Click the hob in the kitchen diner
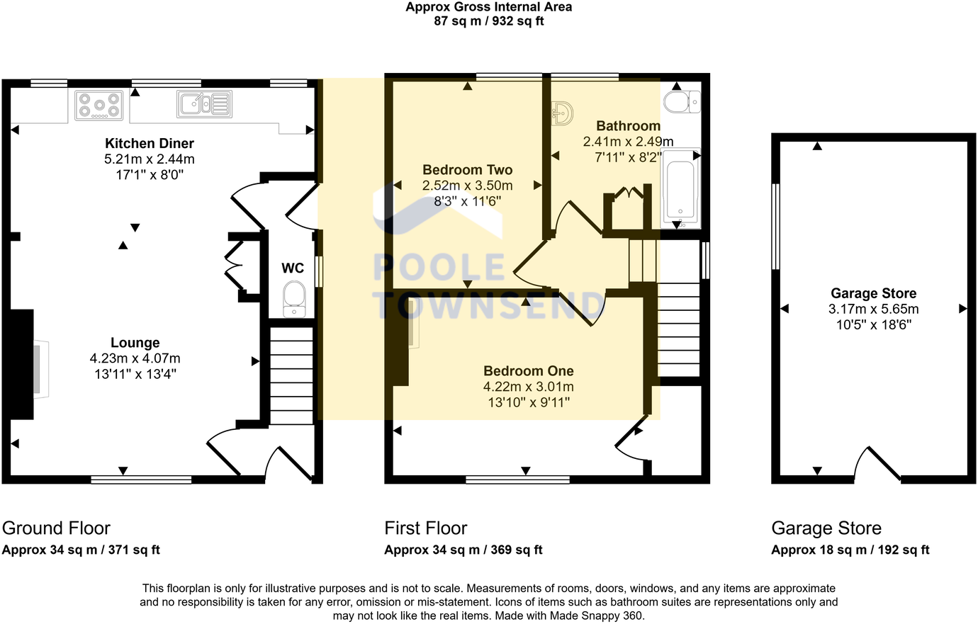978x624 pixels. pyautogui.click(x=99, y=105)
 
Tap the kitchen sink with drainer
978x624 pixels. pyautogui.click(x=204, y=104)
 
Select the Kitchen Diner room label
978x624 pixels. pyautogui.click(x=150, y=143)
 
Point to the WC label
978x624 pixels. pyautogui.click(x=293, y=268)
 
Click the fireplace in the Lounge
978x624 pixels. pyautogui.click(x=26, y=365)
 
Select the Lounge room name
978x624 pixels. pyautogui.click(x=135, y=343)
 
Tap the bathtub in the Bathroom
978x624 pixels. pyautogui.click(x=680, y=188)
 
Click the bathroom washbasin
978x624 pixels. pyautogui.click(x=561, y=113)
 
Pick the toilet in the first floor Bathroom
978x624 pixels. pyautogui.click(x=682, y=102)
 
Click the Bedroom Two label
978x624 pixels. pyautogui.click(x=467, y=169)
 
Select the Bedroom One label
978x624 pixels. pyautogui.click(x=528, y=371)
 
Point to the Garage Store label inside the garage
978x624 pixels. pyautogui.click(x=873, y=293)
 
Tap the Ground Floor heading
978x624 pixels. pyautogui.click(x=56, y=528)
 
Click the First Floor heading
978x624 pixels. pyautogui.click(x=426, y=528)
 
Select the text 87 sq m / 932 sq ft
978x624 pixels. pyautogui.click(x=488, y=21)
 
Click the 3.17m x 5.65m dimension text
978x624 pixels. pyautogui.click(x=873, y=309)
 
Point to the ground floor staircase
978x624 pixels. pyautogui.click(x=291, y=375)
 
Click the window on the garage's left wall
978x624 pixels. pyautogui.click(x=775, y=227)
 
